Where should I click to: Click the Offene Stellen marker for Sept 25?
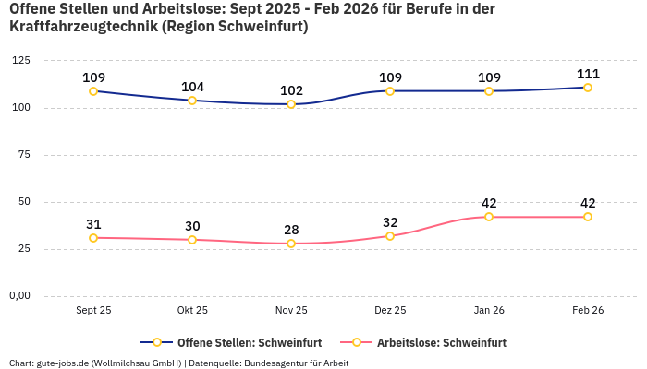[x=93, y=91]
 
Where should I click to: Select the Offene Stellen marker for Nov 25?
[x=291, y=104]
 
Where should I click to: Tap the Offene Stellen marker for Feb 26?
[x=588, y=88]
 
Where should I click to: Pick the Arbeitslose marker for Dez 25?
[x=390, y=236]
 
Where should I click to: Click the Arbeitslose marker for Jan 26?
[x=489, y=217]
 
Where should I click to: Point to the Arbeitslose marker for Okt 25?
[x=192, y=240]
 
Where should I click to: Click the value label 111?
[x=588, y=74]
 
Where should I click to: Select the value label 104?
[x=192, y=87]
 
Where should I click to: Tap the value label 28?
[x=291, y=230]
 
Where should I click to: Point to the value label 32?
[x=390, y=222]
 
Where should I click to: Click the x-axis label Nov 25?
[x=291, y=311]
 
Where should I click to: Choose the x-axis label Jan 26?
[x=489, y=311]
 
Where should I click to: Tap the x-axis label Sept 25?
[x=93, y=311]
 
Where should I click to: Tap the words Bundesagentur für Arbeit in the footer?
[x=297, y=363]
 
